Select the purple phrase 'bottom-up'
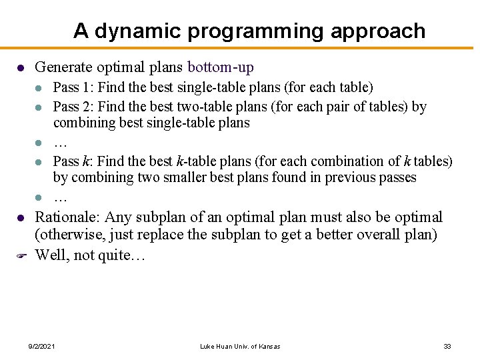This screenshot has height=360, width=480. pos(221,67)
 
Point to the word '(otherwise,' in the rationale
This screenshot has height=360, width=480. pos(67,235)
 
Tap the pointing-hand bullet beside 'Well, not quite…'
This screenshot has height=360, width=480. pos(21,255)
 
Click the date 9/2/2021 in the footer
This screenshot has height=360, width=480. pos(42,346)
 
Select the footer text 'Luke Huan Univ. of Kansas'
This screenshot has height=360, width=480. pos(240,346)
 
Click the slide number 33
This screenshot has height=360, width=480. pos(447,346)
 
